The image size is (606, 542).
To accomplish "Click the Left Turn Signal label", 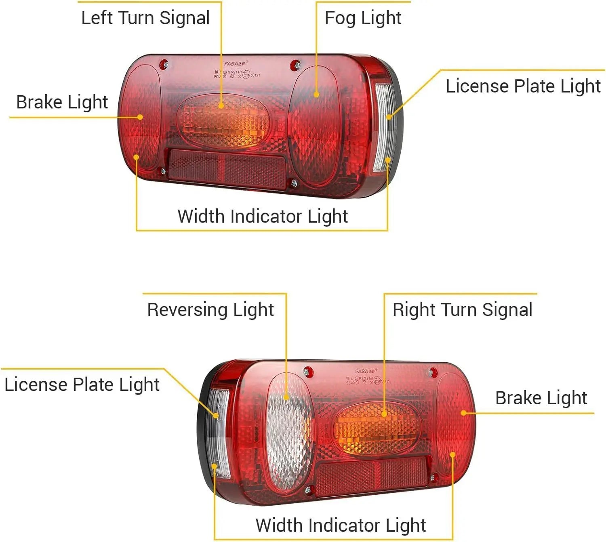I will point(145,18).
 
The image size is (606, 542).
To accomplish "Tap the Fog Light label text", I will point(363,18).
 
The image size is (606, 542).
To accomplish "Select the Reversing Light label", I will point(210,310).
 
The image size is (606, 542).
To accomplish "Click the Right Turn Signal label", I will point(462,310).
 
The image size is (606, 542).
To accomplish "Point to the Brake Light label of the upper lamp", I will point(62,102).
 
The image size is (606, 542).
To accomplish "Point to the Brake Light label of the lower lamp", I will point(541,398).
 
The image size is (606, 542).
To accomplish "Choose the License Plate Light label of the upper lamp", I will point(523,86).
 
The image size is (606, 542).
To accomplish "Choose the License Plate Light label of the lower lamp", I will point(82,384).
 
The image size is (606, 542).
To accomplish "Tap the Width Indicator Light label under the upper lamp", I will point(263,216).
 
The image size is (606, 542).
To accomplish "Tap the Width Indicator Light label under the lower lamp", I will point(341,525).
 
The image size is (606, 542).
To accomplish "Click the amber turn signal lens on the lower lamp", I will point(377,429).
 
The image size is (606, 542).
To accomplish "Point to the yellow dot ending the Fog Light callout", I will point(316,95).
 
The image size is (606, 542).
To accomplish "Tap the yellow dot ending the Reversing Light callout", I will point(286,397).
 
